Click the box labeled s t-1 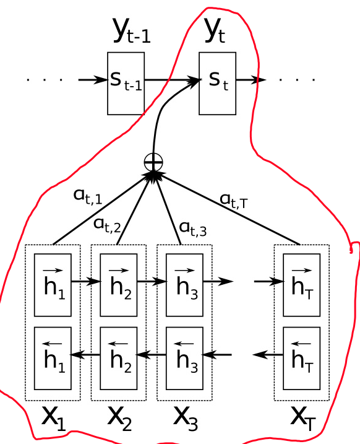coord(126,83)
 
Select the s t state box coord(217,83)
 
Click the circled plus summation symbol coord(153,162)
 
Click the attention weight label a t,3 coord(193,228)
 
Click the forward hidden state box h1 coord(53,284)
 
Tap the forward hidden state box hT coord(302,284)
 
